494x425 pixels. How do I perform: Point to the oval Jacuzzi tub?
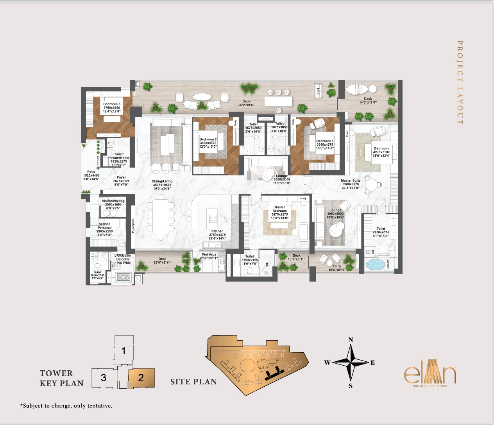[x=375, y=265]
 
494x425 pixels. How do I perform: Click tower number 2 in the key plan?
[x=141, y=378]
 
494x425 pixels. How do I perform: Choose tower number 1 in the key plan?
[x=123, y=351]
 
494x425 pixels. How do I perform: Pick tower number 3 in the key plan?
[x=104, y=378]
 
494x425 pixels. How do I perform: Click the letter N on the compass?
[x=351, y=340]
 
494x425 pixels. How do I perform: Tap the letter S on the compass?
[x=351, y=386]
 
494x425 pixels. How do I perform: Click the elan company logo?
[x=430, y=375]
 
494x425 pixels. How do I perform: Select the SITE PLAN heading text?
[x=193, y=382]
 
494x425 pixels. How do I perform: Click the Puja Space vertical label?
[x=133, y=225]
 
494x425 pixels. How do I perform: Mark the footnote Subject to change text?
[x=66, y=406]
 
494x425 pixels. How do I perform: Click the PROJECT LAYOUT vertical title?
[x=460, y=82]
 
